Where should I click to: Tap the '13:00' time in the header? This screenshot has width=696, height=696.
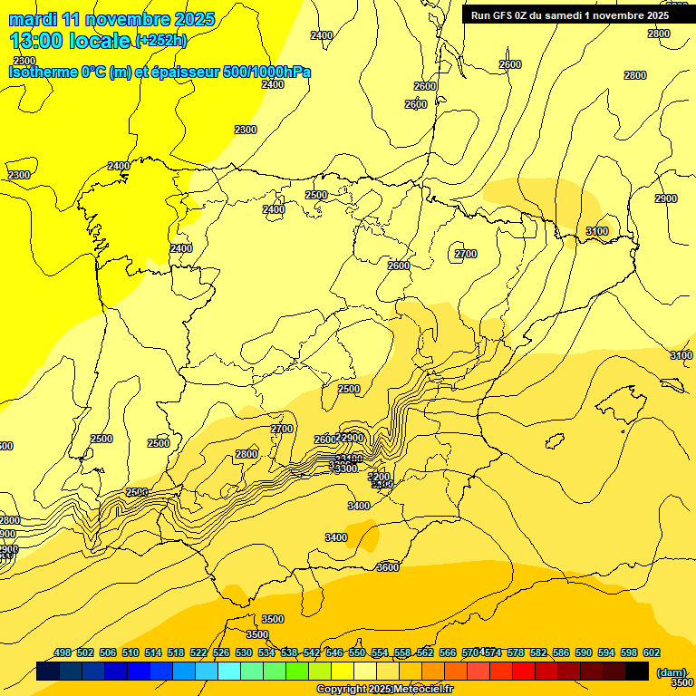[x=38, y=41]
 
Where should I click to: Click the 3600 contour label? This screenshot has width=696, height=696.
[x=387, y=567]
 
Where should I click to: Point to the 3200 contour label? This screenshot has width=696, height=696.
[x=380, y=477]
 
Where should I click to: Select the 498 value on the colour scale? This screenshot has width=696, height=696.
[x=63, y=652]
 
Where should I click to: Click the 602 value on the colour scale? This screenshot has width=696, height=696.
[x=651, y=652]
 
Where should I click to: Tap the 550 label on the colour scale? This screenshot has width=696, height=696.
[x=357, y=652]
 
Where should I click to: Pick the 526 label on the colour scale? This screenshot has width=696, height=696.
[x=221, y=652]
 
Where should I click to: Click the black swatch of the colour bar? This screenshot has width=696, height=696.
[x=637, y=671]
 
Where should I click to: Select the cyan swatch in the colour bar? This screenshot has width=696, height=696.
[x=229, y=671]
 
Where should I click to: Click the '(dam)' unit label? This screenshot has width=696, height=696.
[x=672, y=672]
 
